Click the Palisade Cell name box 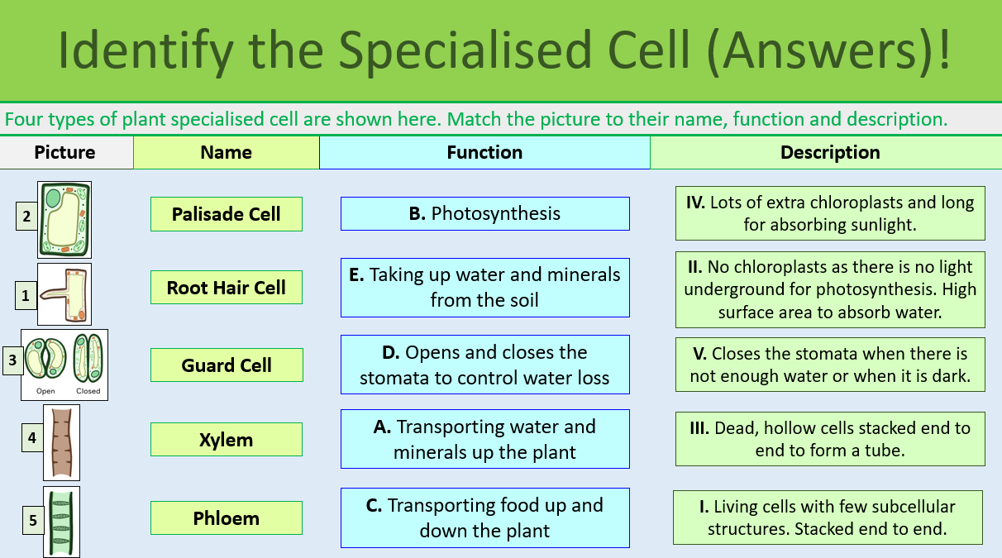click(x=226, y=214)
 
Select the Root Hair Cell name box click(x=226, y=288)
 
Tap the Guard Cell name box click(x=226, y=365)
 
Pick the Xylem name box click(x=226, y=440)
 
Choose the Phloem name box click(x=226, y=518)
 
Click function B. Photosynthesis click(x=484, y=213)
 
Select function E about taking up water click(x=484, y=287)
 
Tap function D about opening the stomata click(x=484, y=365)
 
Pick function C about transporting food click(x=484, y=517)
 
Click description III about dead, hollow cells click(x=830, y=439)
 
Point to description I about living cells click(x=828, y=517)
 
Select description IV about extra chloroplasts click(x=830, y=213)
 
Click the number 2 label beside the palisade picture click(x=26, y=217)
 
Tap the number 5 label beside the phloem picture click(x=33, y=520)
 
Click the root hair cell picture click(x=64, y=294)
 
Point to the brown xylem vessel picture click(x=61, y=442)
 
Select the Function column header click(x=484, y=153)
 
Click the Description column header click(x=829, y=153)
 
